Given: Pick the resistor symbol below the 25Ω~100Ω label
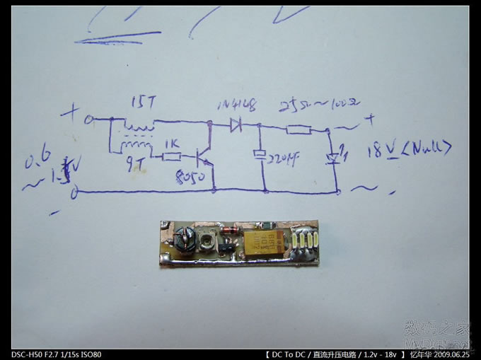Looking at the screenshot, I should pyautogui.click(x=299, y=129).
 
